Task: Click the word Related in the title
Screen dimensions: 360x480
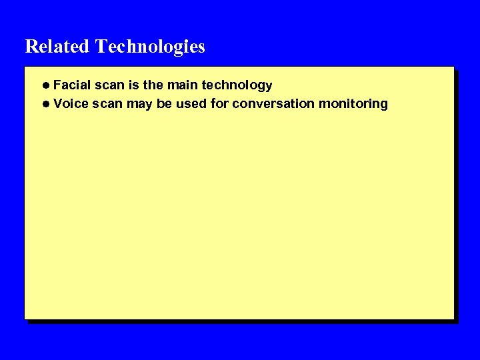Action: [x=57, y=47]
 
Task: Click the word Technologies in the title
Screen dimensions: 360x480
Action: [x=150, y=47]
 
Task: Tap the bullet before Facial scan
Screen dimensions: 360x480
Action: [x=45, y=85]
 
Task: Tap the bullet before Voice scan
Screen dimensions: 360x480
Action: [x=45, y=104]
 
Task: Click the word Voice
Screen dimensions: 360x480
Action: [x=71, y=104]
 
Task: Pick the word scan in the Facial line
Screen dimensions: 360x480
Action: [x=110, y=85]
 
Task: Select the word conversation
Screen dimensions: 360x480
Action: [x=273, y=104]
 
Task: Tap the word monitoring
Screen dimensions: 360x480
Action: [x=353, y=104]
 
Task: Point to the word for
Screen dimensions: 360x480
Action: [x=219, y=104]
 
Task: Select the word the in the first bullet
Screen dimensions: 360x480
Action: [x=153, y=85]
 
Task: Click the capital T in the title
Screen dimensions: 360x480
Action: [x=101, y=47]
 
